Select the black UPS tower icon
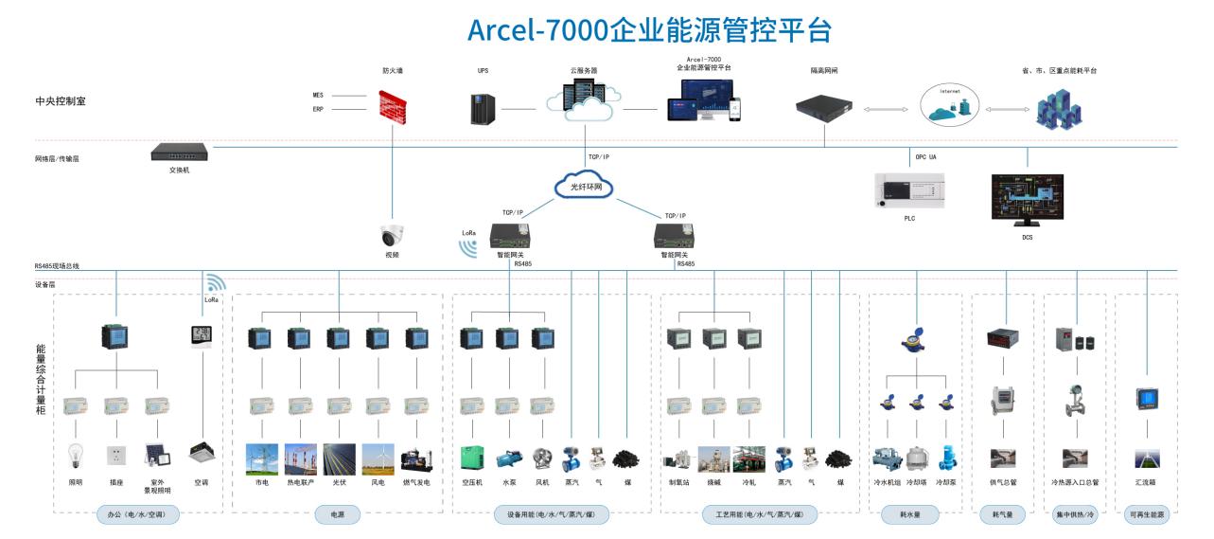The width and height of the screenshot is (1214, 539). click(483, 108)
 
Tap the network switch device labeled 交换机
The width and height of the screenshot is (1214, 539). click(179, 152)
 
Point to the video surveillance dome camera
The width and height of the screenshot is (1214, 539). click(391, 236)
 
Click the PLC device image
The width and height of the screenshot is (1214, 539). click(909, 190)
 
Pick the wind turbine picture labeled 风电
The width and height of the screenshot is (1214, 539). click(378, 458)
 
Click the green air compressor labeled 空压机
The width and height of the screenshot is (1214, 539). click(472, 458)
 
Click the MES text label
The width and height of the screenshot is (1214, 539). click(318, 95)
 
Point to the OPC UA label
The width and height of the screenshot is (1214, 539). click(925, 156)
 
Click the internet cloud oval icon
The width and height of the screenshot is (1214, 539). click(949, 104)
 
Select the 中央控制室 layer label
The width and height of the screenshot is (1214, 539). click(60, 100)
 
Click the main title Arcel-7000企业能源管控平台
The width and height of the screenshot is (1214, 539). click(649, 29)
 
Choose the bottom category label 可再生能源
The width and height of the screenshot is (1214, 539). click(1147, 514)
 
